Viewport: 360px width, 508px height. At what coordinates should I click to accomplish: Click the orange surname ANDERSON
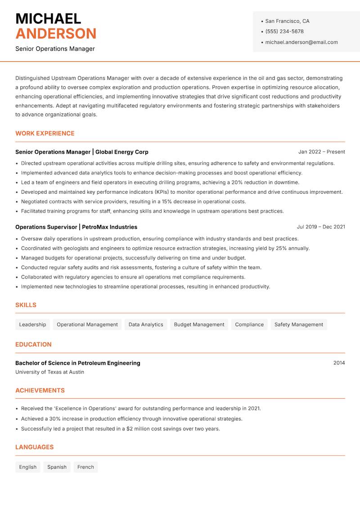click(x=56, y=34)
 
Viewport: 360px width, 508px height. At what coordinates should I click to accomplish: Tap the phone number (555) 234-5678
click(x=284, y=31)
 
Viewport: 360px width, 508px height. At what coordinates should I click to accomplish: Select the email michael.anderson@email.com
click(x=301, y=42)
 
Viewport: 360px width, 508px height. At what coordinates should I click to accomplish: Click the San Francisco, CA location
click(x=287, y=21)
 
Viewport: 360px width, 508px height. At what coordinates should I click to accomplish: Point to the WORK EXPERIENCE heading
click(x=45, y=134)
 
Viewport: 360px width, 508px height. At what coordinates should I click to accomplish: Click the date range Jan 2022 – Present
click(x=321, y=152)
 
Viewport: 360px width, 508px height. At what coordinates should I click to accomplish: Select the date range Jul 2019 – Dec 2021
click(x=321, y=227)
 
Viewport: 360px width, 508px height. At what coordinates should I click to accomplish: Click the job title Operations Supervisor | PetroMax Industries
click(x=76, y=227)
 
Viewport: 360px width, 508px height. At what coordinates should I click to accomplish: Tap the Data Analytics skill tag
click(x=146, y=325)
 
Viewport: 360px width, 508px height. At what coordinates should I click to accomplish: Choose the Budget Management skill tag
click(x=199, y=325)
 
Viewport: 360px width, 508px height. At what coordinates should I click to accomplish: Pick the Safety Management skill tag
click(x=298, y=325)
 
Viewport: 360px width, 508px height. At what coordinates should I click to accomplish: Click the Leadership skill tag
click(x=32, y=325)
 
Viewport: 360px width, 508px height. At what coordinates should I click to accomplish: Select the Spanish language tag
click(x=57, y=467)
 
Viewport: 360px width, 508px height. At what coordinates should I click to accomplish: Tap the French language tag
click(x=85, y=467)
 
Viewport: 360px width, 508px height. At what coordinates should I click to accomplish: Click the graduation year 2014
click(x=339, y=363)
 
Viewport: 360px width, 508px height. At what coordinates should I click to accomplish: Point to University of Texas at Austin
click(x=49, y=372)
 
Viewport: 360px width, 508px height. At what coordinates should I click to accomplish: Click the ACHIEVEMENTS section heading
click(x=40, y=391)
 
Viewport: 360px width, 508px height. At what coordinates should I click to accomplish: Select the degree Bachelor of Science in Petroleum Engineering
click(x=77, y=363)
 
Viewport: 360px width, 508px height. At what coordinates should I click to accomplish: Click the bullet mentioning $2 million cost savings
click(x=120, y=429)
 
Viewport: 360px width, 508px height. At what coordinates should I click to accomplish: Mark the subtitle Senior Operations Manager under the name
click(x=55, y=49)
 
